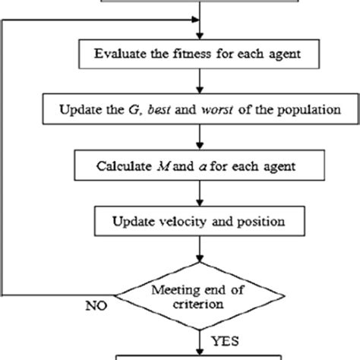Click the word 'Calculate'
pyautogui.click(x=122, y=165)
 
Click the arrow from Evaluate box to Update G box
pyautogui.click(x=199, y=81)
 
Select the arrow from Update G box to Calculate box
pyautogui.click(x=199, y=137)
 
